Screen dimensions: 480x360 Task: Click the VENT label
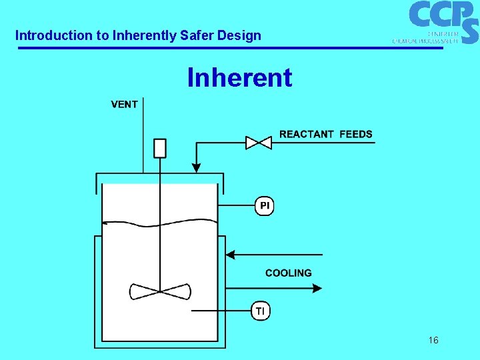point(124,104)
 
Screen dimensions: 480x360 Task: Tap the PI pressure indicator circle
point(265,206)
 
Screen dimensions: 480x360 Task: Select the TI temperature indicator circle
point(261,311)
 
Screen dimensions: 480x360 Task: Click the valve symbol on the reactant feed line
point(258,142)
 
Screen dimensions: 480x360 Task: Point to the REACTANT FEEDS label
point(325,134)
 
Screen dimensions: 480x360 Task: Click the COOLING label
point(288,273)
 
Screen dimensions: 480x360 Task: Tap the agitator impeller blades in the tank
point(160,291)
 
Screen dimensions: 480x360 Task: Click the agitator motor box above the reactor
point(160,148)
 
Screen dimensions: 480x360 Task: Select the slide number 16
point(433,341)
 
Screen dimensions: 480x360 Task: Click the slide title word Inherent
point(239,78)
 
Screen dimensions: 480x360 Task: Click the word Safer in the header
point(197,35)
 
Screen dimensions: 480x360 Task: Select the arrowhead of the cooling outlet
point(317,288)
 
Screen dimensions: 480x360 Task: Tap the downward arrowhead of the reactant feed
point(196,167)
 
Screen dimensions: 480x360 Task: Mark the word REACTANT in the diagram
point(307,134)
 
